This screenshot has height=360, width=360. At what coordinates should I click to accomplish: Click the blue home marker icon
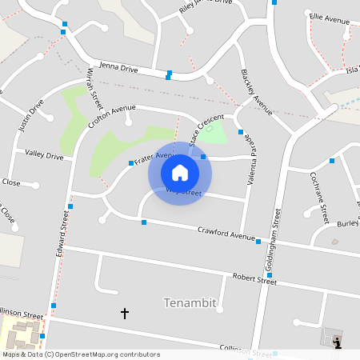180,172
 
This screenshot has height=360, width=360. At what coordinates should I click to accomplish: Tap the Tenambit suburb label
190,302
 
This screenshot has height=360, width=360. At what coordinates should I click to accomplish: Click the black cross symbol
124,313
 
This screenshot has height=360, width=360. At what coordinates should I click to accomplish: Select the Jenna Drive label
118,70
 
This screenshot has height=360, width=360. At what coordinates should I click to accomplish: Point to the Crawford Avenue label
226,233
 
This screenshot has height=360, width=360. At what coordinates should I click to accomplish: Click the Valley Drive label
44,155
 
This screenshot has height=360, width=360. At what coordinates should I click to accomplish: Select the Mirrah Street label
95,89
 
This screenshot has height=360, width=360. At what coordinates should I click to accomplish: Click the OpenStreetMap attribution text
81,354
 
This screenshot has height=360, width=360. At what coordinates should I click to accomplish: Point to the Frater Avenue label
154,158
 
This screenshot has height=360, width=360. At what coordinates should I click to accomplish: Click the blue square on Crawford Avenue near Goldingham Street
258,240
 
